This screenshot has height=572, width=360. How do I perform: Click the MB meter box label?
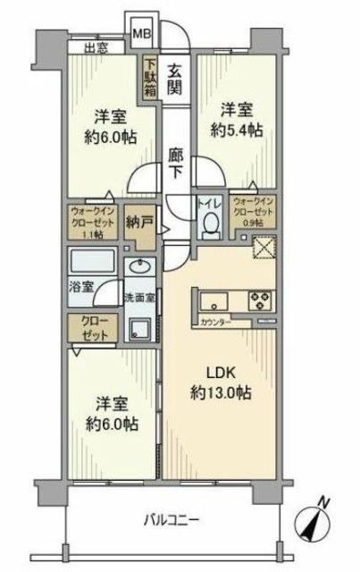point(142,35)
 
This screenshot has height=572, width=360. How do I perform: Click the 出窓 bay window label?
point(97,49)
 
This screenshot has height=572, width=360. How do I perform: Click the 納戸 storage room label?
point(136,221)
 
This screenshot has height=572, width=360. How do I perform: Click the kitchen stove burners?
point(264,300)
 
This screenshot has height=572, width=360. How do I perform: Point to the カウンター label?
point(213,320)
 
